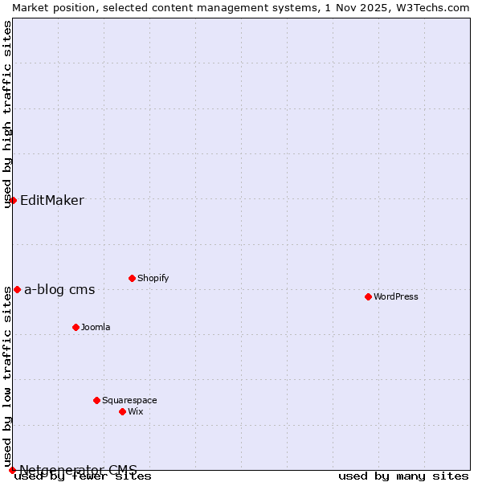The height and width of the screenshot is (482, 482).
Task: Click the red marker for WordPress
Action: pyautogui.click(x=368, y=296)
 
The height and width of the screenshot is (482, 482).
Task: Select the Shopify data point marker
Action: pyautogui.click(x=132, y=278)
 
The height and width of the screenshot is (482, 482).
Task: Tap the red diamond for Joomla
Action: pyautogui.click(x=76, y=327)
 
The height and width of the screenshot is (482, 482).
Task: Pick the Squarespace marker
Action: pyautogui.click(x=96, y=400)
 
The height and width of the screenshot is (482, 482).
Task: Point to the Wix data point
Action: pyautogui.click(x=122, y=411)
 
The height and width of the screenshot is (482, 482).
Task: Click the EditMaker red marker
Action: pyautogui.click(x=13, y=200)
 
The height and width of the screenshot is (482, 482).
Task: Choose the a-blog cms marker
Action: pyautogui.click(x=17, y=289)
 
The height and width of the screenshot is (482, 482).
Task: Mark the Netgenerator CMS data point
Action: pyautogui.click(x=12, y=470)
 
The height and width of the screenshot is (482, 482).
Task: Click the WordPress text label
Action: pyautogui.click(x=396, y=296)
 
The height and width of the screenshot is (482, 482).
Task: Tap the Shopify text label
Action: pyautogui.click(x=153, y=278)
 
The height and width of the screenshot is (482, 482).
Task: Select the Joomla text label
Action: pyautogui.click(x=96, y=327)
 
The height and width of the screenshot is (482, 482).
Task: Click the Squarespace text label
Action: pyautogui.click(x=129, y=400)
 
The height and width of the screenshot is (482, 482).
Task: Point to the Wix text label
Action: pyautogui.click(x=136, y=411)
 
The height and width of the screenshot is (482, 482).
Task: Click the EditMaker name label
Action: pyautogui.click(x=51, y=201)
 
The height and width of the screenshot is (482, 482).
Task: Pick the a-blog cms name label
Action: pyautogui.click(x=59, y=290)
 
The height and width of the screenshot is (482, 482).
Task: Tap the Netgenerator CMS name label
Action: pyautogui.click(x=78, y=470)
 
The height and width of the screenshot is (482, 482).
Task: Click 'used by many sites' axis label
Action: pyautogui.click(x=403, y=476)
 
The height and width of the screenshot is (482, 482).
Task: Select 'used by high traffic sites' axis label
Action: pyautogui.click(x=7, y=114)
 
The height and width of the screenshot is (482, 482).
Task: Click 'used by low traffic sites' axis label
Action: pyautogui.click(x=7, y=376)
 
